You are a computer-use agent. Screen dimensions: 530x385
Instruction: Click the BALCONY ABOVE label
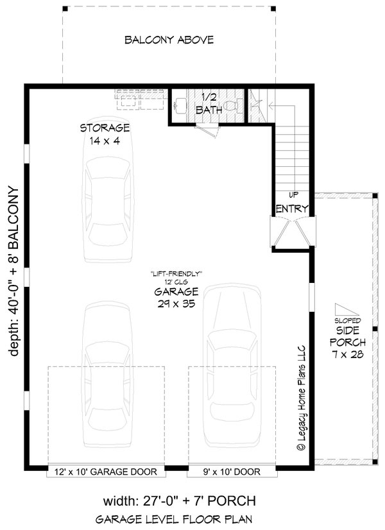[169, 40]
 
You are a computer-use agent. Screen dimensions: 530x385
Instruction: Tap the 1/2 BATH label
[210, 103]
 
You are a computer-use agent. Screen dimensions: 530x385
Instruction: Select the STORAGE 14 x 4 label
[105, 133]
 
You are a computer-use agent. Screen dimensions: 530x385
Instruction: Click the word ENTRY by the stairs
[293, 209]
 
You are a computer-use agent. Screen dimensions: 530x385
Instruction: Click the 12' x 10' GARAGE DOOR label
[107, 472]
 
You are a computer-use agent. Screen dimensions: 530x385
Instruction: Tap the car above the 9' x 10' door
[232, 372]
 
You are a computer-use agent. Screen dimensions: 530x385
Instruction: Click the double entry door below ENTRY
[292, 232]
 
